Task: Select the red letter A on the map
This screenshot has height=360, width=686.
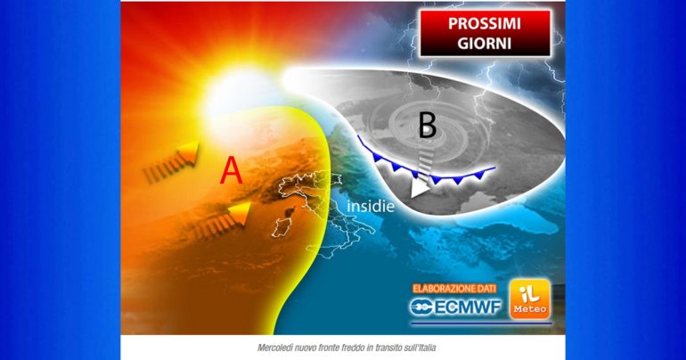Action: (x=231, y=171)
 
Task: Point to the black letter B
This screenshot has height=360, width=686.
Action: (x=427, y=126)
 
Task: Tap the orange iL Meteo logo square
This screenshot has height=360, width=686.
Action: (x=528, y=301)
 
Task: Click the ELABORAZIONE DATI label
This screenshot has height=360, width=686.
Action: (x=457, y=289)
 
